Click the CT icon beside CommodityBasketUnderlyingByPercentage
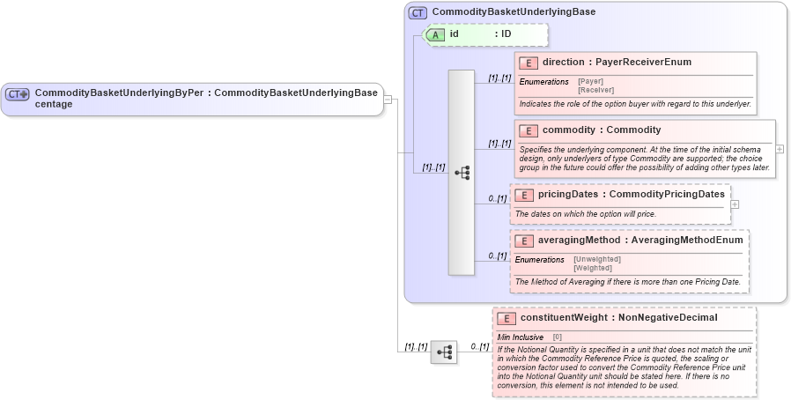coord(18,93)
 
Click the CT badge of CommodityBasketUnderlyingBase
coord(418,12)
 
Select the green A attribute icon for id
coord(436,34)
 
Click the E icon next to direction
coord(529,63)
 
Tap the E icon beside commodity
coord(529,130)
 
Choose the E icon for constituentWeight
coord(506,317)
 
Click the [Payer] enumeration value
coord(590,81)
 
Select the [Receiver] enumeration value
coord(595,90)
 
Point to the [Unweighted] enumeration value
coord(596,259)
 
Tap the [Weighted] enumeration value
coord(592,268)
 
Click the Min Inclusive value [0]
coord(558,337)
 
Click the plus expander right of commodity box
coord(780,149)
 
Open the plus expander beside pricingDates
coord(735,204)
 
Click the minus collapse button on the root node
coord(388,99)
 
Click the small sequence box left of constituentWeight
coord(443,352)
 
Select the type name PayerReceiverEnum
coord(643,63)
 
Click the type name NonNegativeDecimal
coord(668,317)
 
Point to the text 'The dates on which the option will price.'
coord(585,214)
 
